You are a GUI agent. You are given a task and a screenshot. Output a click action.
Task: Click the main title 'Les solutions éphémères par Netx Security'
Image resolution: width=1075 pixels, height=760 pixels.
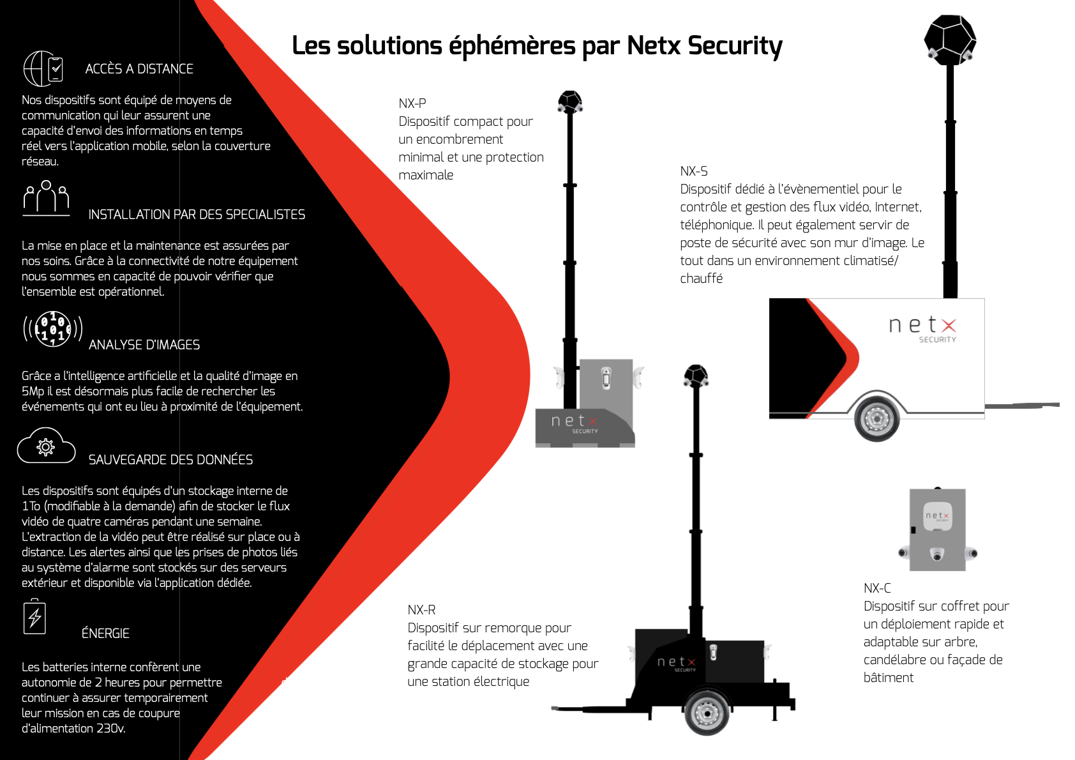tap(537, 46)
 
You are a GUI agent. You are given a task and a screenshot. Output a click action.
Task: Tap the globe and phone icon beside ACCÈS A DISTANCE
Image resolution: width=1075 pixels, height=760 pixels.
tap(43, 68)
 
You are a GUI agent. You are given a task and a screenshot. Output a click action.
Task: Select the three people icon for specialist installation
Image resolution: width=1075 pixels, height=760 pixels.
tap(46, 197)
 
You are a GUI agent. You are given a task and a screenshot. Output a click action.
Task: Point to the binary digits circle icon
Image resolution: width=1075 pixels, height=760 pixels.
tap(53, 329)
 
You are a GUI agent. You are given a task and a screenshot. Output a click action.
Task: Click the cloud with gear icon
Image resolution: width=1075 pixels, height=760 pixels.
tap(46, 446)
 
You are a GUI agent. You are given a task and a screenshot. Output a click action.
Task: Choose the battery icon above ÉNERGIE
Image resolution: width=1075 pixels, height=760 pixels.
tap(34, 617)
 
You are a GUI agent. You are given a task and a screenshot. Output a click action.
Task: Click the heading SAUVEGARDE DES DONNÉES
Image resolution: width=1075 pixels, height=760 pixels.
tap(170, 460)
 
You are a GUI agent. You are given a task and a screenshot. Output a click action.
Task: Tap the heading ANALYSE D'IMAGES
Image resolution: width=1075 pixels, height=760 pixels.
tap(144, 345)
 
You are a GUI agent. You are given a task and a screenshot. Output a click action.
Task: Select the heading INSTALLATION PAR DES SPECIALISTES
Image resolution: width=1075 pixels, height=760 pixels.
tap(197, 215)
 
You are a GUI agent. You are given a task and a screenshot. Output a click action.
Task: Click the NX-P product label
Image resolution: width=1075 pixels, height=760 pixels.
tap(412, 103)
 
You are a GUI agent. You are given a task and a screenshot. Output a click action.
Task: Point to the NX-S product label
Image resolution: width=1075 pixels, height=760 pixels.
tap(694, 171)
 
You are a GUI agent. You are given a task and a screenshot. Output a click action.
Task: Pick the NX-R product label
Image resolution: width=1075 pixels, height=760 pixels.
tap(421, 610)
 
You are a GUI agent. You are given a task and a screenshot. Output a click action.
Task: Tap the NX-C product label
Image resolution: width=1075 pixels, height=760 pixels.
tap(877, 588)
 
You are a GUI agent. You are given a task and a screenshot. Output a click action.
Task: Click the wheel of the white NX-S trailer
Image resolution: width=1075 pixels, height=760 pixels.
tap(876, 419)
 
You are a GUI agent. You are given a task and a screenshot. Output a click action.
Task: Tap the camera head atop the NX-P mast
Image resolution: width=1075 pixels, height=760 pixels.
tap(570, 102)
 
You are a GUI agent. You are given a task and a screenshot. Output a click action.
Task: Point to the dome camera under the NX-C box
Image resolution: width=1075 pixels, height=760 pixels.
tap(936, 554)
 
